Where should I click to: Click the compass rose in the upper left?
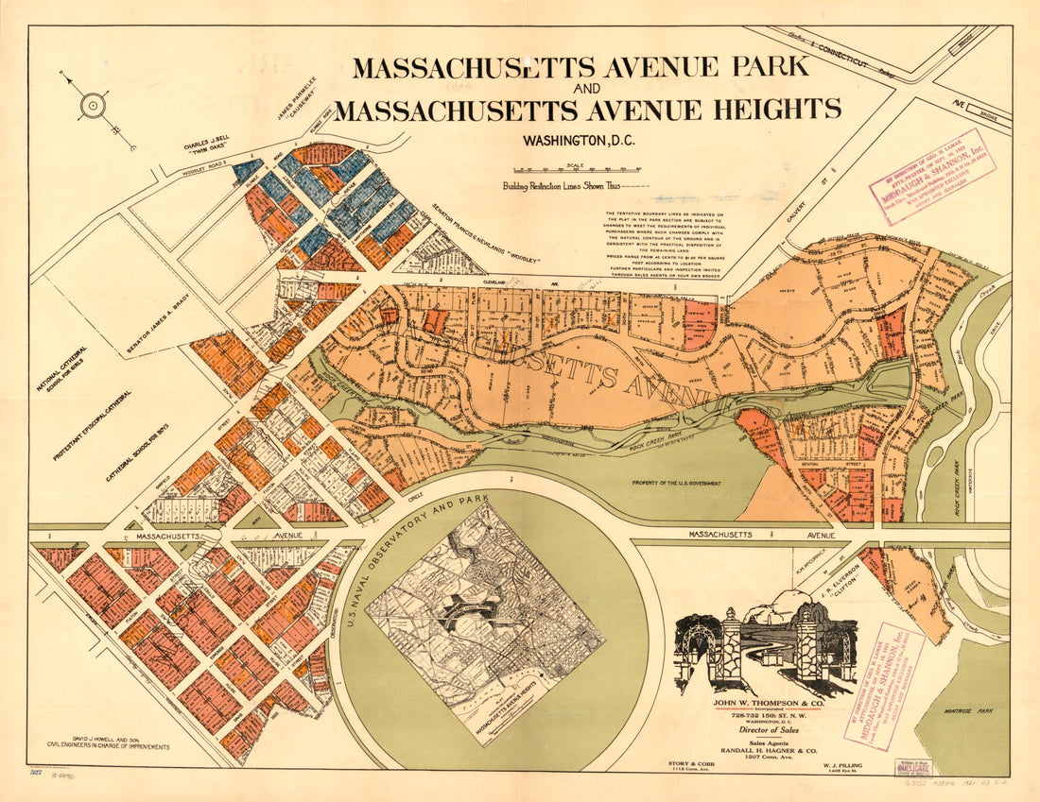[93, 105]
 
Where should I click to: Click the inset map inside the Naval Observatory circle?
[486, 623]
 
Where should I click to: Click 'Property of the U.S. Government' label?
[675, 483]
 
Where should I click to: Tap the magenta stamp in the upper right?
[931, 176]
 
